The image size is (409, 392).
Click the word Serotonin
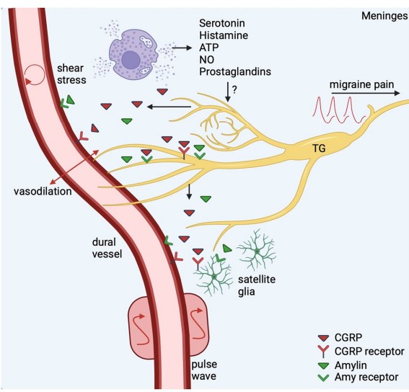[222, 23]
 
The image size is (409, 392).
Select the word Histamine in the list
[224, 35]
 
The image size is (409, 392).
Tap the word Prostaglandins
[235, 71]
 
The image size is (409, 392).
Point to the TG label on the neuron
[319, 148]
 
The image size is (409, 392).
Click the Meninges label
[384, 16]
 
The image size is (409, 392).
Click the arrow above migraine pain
[365, 93]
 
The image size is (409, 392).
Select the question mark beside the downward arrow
[234, 90]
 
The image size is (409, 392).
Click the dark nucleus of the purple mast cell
[131, 60]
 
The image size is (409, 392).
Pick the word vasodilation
[43, 191]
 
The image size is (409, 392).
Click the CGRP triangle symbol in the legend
[323, 338]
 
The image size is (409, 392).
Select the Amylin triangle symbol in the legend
[323, 365]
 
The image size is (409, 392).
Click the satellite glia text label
[257, 285]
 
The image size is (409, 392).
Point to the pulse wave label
[204, 370]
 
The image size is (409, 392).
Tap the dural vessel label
[107, 248]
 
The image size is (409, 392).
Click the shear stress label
[71, 74]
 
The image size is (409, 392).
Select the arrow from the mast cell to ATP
[182, 48]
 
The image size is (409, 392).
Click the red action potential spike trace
[339, 110]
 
